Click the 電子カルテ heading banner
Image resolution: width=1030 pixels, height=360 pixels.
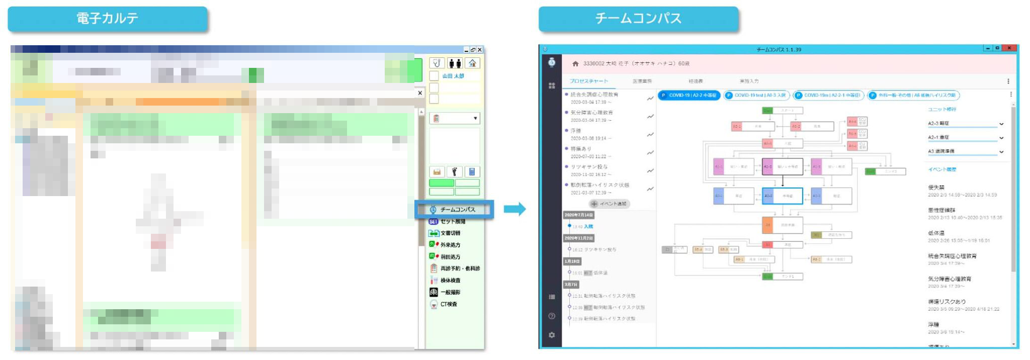click(x=108, y=19)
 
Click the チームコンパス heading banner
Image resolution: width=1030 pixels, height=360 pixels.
click(x=638, y=19)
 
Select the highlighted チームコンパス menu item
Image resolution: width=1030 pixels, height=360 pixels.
click(x=454, y=209)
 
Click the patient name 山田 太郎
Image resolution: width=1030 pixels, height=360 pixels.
click(x=453, y=76)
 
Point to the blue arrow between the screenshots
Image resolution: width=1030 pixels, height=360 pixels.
click(x=514, y=209)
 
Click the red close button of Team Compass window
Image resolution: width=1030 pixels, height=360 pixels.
click(x=1008, y=48)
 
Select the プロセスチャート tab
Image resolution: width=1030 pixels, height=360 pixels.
click(x=588, y=81)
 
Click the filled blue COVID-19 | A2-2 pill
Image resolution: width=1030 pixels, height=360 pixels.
click(x=689, y=95)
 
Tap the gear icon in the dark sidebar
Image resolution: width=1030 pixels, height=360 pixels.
click(x=552, y=335)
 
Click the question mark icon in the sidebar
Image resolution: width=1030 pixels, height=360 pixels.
click(x=552, y=316)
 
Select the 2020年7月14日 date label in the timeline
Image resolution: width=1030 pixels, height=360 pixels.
click(x=578, y=215)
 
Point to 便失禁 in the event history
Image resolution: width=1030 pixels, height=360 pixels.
click(x=936, y=187)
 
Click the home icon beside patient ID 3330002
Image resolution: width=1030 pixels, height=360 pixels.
click(x=575, y=64)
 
